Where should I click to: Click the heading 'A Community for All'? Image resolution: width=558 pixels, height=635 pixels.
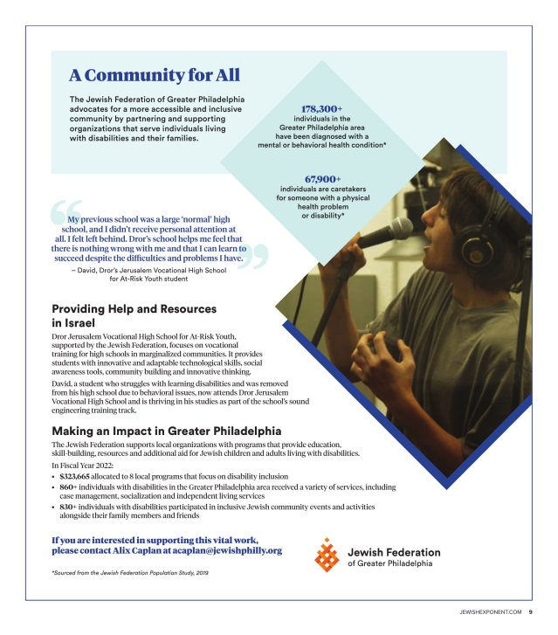pos(155,75)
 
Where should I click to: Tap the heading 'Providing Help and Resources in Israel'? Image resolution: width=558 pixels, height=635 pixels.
pos(134,315)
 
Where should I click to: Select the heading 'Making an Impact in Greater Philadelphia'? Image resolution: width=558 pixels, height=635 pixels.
pos(166,431)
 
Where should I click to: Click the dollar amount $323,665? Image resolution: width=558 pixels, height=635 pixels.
pos(80,477)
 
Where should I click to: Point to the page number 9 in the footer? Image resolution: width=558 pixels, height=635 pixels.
pos(530,612)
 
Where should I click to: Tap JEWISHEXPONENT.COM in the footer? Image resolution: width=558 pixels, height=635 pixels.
pos(490,612)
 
